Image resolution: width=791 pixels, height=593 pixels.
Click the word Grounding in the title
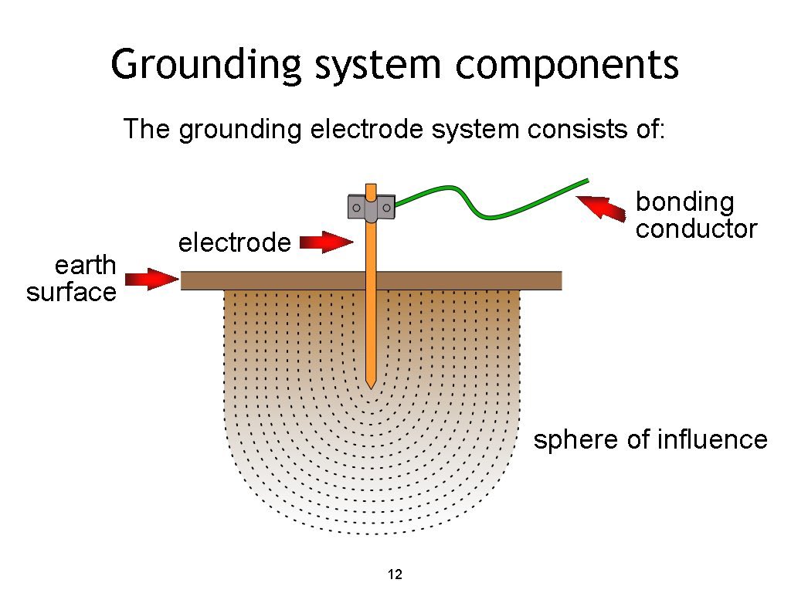pyautogui.click(x=205, y=66)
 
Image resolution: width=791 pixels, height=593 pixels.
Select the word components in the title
pyautogui.click(x=567, y=66)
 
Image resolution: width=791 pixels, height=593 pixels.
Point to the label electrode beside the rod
pyautogui.click(x=234, y=243)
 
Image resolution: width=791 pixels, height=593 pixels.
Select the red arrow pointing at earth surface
pyautogui.click(x=151, y=278)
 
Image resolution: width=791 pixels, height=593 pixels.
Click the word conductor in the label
pyautogui.click(x=696, y=229)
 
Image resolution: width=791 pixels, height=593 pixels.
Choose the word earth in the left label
pyautogui.click(x=84, y=266)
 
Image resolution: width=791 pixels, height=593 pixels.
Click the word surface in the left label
pyautogui.click(x=71, y=293)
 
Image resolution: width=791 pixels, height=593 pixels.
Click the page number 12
pyautogui.click(x=395, y=574)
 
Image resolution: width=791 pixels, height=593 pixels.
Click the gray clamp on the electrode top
pyautogui.click(x=372, y=208)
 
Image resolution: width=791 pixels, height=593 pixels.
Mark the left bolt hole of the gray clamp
pyautogui.click(x=357, y=207)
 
